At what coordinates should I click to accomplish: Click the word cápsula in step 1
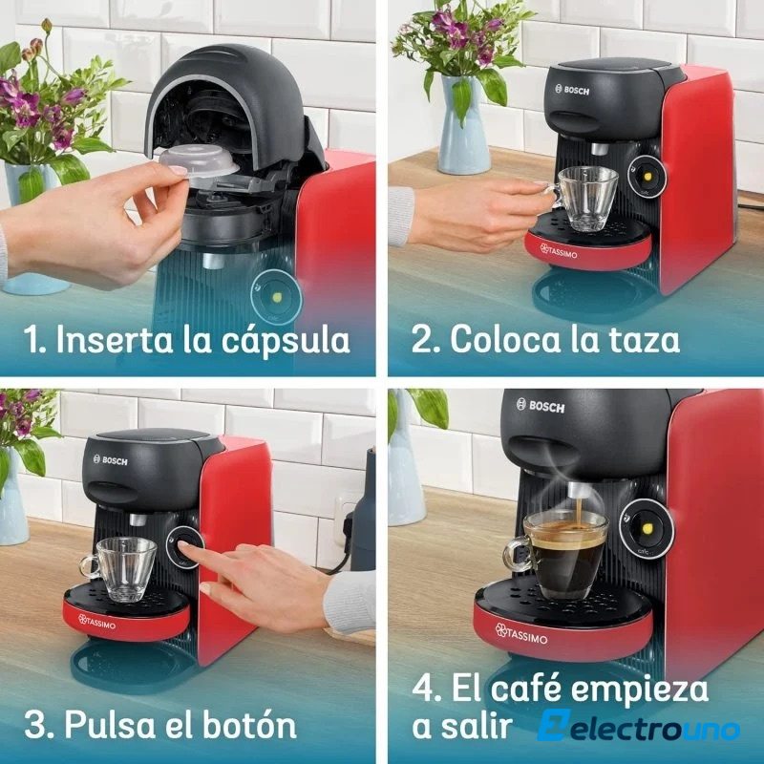tap(286, 341)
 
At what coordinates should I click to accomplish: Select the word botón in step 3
tap(249, 725)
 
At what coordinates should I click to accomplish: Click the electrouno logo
tap(638, 726)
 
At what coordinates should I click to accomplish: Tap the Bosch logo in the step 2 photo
tap(572, 90)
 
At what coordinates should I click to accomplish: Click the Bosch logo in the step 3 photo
tap(110, 459)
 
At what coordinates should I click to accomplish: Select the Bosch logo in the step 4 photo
tap(541, 405)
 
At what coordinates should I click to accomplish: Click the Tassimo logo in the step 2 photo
tap(559, 251)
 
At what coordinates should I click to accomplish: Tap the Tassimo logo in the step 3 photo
tap(97, 622)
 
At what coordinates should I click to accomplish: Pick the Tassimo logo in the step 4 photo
tap(521, 634)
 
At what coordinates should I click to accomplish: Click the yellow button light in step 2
tap(648, 178)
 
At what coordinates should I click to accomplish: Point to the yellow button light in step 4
tap(648, 528)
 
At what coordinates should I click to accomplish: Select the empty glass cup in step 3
tap(118, 568)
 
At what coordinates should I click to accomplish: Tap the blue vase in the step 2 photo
tap(464, 125)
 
